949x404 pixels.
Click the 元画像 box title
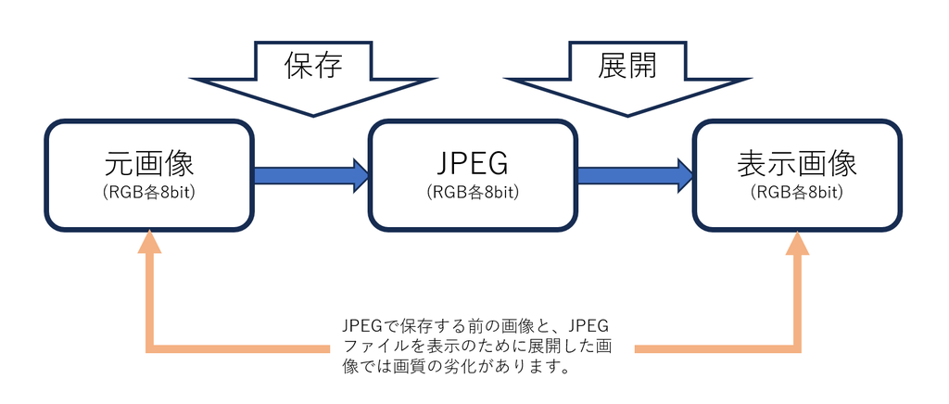[x=148, y=163]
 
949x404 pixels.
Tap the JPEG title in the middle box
[x=472, y=163]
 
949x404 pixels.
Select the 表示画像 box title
[x=797, y=163]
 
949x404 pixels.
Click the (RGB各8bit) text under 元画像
[x=148, y=193]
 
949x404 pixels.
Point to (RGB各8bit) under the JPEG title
[x=472, y=193]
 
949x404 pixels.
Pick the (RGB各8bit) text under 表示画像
[x=797, y=193]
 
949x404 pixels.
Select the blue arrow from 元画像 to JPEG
[x=306, y=174]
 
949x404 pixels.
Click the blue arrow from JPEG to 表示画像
[x=630, y=174]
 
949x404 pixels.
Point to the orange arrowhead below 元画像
[x=148, y=242]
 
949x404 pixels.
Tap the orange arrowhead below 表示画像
[x=797, y=242]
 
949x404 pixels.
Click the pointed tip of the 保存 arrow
[x=315, y=114]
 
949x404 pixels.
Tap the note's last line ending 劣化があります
[x=454, y=367]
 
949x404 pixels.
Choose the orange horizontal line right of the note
[x=714, y=348]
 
